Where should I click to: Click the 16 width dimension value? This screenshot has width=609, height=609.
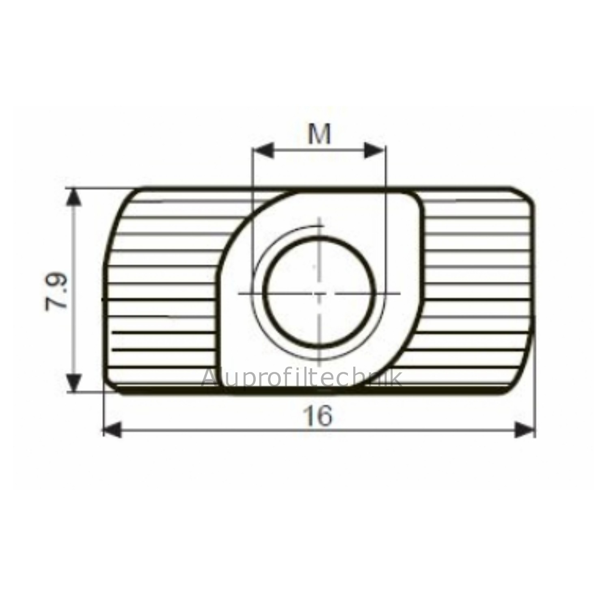tap(319, 416)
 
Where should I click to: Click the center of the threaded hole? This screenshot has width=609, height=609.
tap(319, 292)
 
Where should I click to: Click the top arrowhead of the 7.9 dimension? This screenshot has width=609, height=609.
tap(73, 198)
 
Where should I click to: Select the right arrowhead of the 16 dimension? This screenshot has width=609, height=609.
tap(524, 430)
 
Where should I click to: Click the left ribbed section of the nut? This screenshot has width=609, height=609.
tap(162, 292)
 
